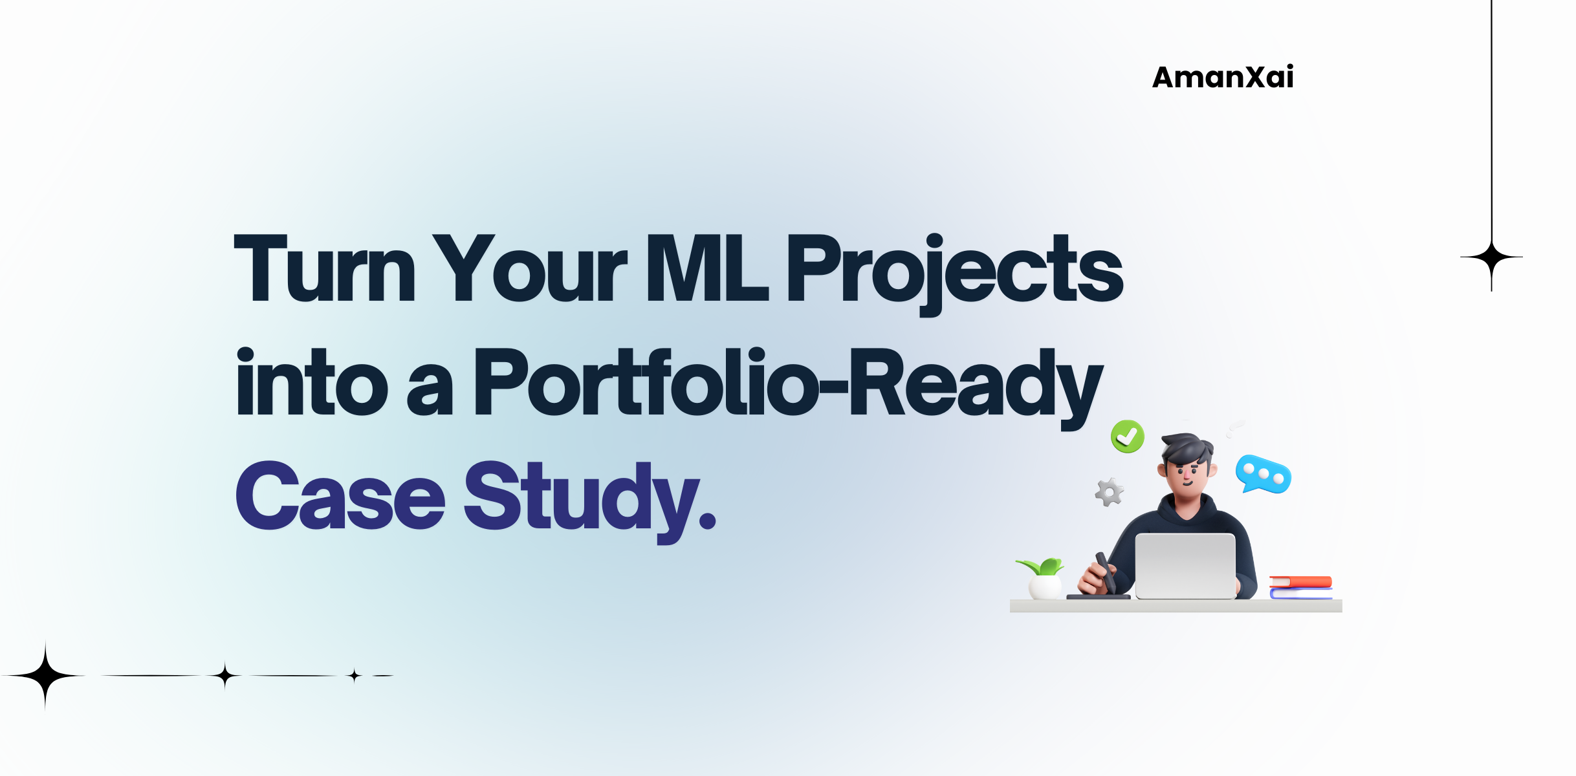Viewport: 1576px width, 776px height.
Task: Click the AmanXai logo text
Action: [x=1223, y=78]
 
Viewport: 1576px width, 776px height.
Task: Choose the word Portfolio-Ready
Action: [x=788, y=383]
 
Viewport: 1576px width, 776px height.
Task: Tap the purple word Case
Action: [x=340, y=497]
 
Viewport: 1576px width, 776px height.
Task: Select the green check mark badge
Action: [x=1127, y=436]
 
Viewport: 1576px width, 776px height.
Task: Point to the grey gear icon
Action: [x=1109, y=493]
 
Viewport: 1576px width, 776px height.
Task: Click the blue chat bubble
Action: [x=1262, y=475]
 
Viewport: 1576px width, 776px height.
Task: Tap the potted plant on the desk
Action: [x=1043, y=579]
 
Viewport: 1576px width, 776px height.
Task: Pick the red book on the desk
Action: [x=1300, y=581]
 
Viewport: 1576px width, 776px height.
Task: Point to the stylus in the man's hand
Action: [x=1105, y=572]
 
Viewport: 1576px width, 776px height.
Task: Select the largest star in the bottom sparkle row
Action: [x=45, y=676]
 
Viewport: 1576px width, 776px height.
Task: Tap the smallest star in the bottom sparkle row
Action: [x=354, y=676]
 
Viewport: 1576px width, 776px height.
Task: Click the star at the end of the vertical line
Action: [x=1491, y=257]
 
